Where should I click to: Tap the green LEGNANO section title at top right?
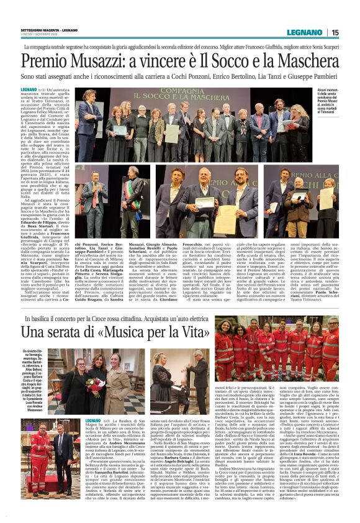[305, 32]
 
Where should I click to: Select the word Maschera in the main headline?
[303, 63]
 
